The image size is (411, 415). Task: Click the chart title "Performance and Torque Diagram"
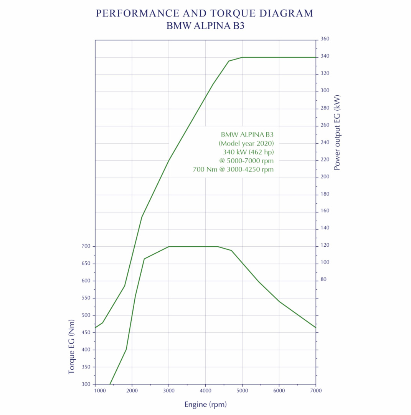click(205, 13)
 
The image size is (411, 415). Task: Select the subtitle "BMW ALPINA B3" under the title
click(205, 26)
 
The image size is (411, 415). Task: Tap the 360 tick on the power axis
click(324, 39)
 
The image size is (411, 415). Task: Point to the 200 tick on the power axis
click(324, 177)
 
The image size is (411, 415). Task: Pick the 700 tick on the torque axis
click(86, 246)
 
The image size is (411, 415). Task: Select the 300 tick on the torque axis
click(86, 384)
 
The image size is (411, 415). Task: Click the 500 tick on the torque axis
click(86, 315)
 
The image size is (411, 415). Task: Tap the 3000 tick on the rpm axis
click(169, 391)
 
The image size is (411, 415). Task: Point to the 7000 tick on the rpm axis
click(315, 391)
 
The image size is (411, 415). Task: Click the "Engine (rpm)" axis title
click(205, 405)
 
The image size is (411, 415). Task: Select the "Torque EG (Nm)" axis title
click(72, 346)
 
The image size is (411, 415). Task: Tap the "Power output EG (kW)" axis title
click(337, 133)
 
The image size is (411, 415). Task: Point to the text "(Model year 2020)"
click(246, 143)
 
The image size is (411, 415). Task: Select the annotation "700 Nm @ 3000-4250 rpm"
click(233, 169)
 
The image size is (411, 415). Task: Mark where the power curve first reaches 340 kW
click(242, 57)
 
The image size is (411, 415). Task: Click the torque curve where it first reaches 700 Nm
click(169, 246)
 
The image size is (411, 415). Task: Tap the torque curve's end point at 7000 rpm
click(315, 327)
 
